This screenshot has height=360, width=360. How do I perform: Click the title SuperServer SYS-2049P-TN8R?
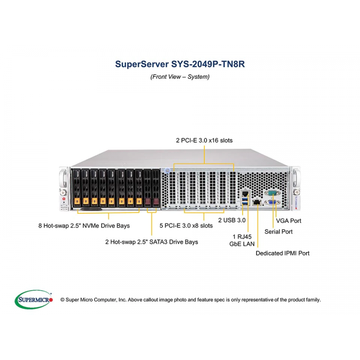pos(180,64)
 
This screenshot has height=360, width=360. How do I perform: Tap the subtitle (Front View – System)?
pos(180,76)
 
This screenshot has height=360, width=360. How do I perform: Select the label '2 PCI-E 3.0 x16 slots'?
pos(204,140)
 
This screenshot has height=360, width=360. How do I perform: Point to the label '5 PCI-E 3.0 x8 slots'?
pos(186,225)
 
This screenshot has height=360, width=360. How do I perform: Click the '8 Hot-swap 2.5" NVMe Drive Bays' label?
pos(84,225)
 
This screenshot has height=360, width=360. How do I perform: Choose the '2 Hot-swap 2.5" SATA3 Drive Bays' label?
pos(152,242)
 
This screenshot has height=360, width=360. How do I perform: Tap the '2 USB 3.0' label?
pos(232,220)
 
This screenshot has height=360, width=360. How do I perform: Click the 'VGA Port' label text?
pos(288,220)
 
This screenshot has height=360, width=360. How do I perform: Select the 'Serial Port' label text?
pos(278,231)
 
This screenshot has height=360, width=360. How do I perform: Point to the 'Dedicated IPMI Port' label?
pos(283,253)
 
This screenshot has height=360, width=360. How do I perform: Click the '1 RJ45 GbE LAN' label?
pos(242,240)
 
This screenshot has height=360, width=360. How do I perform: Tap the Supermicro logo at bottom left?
pos(33,299)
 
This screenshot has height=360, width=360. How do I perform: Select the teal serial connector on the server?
pos(272,193)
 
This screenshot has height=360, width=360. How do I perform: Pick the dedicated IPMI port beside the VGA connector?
pos(256,202)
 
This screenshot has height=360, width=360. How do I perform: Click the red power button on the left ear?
pos(64,199)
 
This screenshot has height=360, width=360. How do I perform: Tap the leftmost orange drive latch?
pos(76,201)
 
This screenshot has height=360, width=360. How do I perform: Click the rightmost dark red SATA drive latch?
pos(156,201)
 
